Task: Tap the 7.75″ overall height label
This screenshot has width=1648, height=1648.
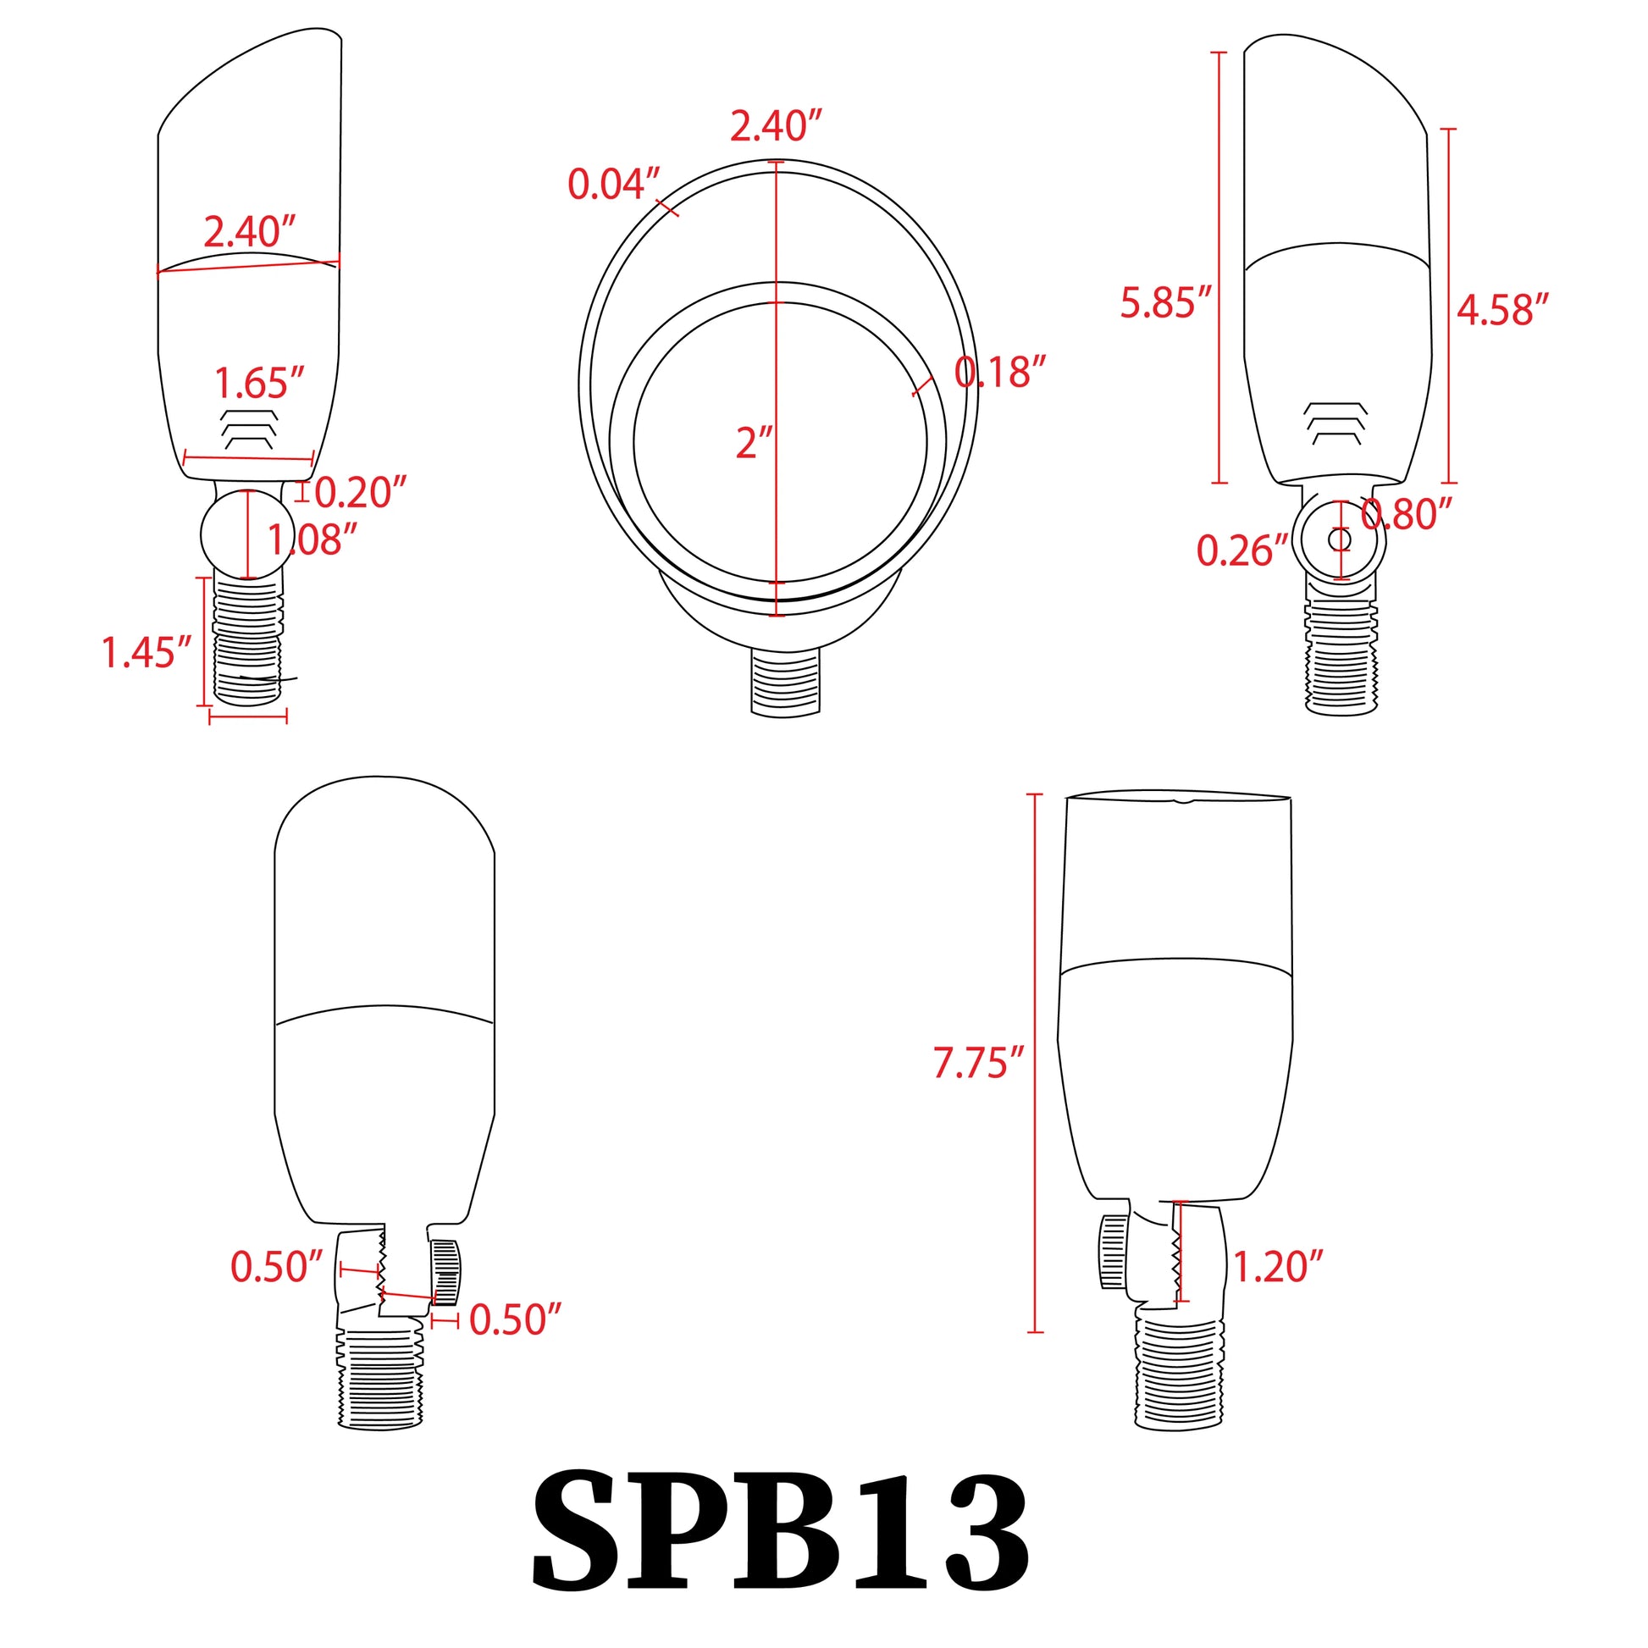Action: tap(977, 1063)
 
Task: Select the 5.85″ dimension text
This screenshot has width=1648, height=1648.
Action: tap(1166, 303)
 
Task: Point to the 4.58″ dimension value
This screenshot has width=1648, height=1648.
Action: tap(1502, 310)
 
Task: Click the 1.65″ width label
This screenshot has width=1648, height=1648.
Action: tap(258, 383)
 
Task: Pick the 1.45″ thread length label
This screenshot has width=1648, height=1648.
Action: tap(147, 653)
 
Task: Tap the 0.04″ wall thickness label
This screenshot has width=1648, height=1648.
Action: tap(614, 185)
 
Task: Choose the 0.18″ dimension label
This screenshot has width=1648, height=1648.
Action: tap(999, 372)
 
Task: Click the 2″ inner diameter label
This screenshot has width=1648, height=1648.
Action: tap(754, 444)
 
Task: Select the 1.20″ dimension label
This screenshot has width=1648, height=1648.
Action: tap(1279, 1268)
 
